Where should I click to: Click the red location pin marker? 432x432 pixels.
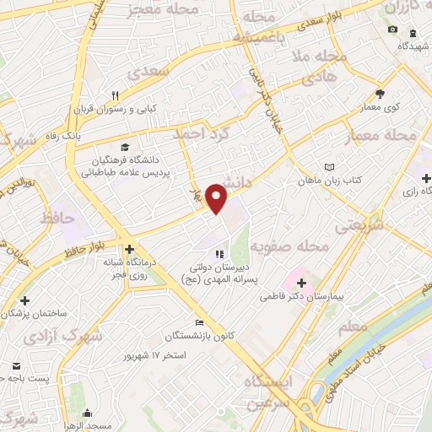click(217, 197)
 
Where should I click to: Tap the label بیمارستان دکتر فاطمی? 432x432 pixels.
click(337, 297)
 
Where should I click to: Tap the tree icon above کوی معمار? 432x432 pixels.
click(380, 94)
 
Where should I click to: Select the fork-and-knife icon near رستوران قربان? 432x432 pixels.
click(116, 94)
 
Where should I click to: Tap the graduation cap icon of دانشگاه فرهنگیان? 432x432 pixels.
click(126, 147)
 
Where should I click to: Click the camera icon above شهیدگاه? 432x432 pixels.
click(392, 30)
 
